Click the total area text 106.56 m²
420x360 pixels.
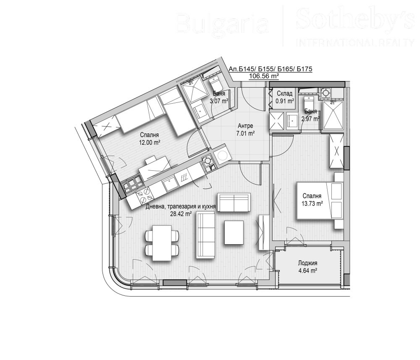[264, 76]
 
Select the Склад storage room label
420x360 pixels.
[284, 94]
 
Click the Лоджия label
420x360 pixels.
[307, 263]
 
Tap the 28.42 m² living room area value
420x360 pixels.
[180, 214]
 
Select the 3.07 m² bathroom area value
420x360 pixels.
[219, 101]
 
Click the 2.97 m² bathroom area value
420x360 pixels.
[311, 119]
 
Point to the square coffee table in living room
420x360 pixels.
[234, 232]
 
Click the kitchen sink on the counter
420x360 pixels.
[171, 183]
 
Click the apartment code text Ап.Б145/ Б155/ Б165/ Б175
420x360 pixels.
[270, 69]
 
